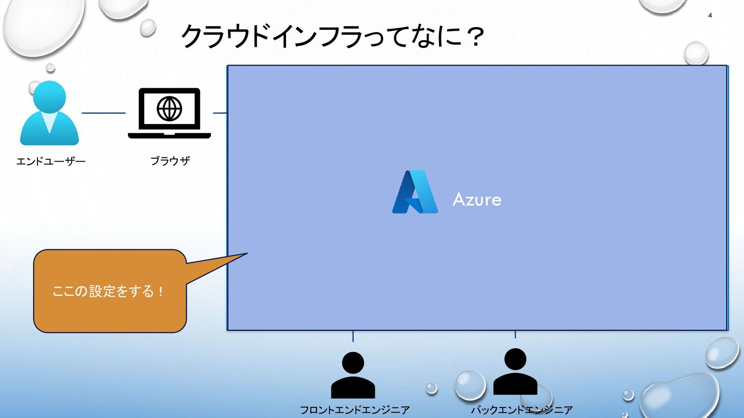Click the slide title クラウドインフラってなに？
[332, 36]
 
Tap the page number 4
[710, 15]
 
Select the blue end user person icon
[49, 114]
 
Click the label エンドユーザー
[51, 161]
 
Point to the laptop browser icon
[169, 113]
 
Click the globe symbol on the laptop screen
[169, 109]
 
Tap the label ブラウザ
[170, 161]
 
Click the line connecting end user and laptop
[103, 113]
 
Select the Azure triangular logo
[415, 192]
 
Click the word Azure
[477, 200]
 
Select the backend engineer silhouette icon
[515, 372]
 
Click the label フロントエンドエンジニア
[355, 410]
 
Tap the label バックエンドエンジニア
[522, 410]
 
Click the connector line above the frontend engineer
[353, 336]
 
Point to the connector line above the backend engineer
[515, 334]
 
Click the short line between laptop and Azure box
[220, 113]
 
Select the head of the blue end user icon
[49, 97]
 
